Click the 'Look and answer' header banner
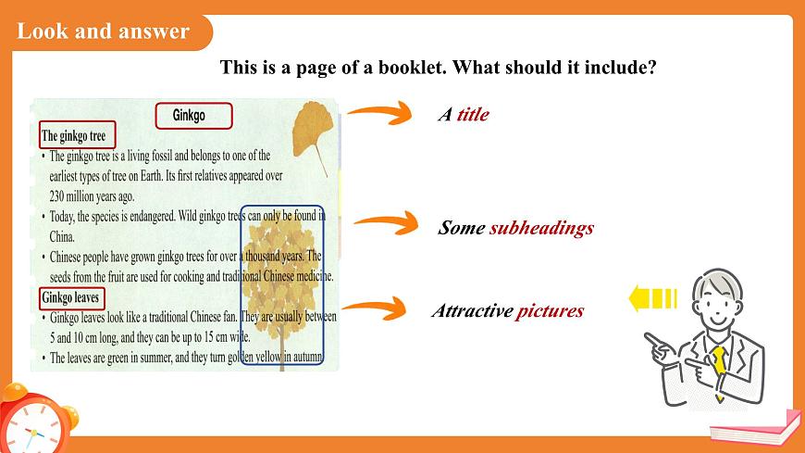tap(104, 31)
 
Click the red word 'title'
tap(472, 115)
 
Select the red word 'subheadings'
tap(541, 228)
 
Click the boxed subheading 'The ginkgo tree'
tap(77, 136)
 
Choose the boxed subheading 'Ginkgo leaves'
tap(71, 298)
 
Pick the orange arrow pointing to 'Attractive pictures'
tap(374, 308)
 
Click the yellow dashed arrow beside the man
tap(651, 298)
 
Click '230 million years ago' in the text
tap(93, 196)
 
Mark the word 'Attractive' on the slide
tap(472, 311)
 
